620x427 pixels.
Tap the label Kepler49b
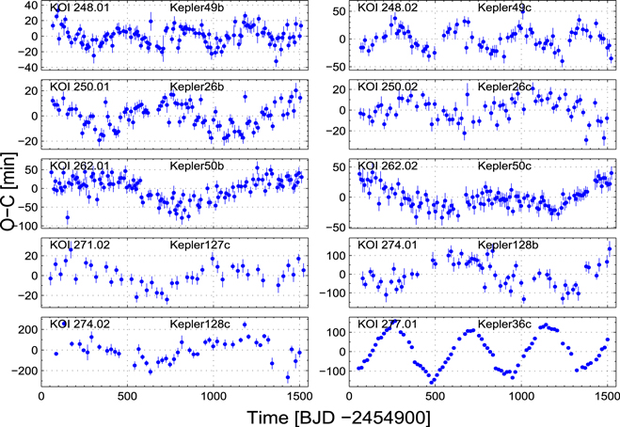click(x=196, y=8)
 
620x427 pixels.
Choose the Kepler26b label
click(x=196, y=87)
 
